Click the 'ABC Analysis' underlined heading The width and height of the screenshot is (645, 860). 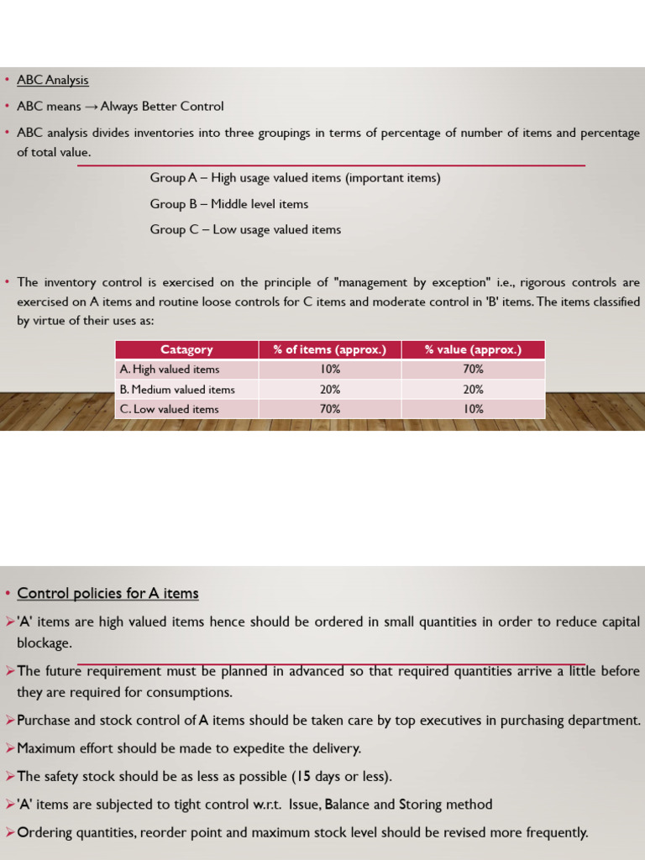tap(53, 81)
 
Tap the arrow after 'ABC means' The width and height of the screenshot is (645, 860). tap(91, 107)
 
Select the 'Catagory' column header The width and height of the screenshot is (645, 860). tap(186, 349)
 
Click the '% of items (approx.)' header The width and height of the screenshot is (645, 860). tap(330, 349)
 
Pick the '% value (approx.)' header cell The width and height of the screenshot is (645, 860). tap(473, 349)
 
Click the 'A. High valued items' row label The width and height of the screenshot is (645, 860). tap(170, 370)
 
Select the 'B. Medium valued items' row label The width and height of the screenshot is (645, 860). tap(177, 390)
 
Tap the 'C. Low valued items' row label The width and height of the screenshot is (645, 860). tap(170, 409)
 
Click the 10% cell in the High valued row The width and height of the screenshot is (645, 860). tap(330, 370)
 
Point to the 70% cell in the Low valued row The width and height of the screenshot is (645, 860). tap(330, 409)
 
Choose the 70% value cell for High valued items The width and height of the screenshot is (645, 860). tap(473, 370)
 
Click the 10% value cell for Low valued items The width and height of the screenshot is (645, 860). tap(473, 409)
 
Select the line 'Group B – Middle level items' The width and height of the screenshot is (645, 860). tap(229, 204)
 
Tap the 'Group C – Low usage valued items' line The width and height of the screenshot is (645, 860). tap(245, 229)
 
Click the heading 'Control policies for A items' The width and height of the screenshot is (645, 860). tap(108, 594)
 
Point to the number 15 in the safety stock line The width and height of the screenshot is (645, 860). tap(303, 776)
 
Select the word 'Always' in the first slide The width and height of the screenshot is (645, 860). tap(120, 107)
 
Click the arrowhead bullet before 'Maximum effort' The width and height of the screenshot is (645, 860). tap(10, 748)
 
